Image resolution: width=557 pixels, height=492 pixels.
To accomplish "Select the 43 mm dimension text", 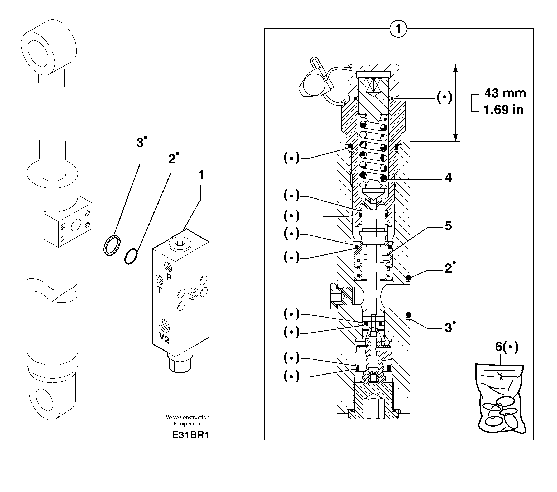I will tap(505, 93).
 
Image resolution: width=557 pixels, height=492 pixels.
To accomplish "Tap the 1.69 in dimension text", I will tap(503, 110).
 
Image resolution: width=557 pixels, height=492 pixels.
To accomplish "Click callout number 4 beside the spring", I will tap(448, 178).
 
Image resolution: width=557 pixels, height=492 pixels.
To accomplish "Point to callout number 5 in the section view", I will tap(448, 226).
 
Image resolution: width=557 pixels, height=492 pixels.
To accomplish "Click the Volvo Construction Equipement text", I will tap(188, 420).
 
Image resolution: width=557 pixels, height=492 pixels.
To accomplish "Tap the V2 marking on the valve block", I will tap(164, 338).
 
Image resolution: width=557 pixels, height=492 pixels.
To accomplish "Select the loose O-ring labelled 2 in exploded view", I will tap(131, 256).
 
